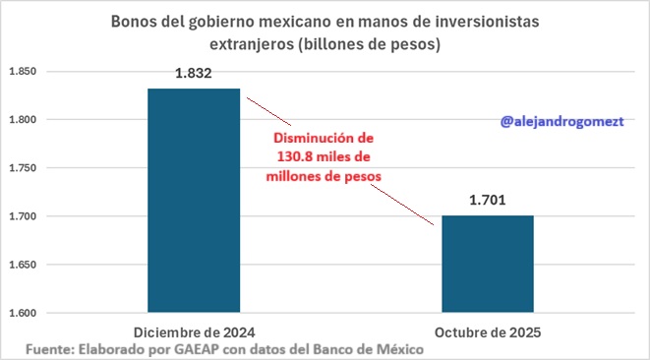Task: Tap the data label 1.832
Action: [194, 74]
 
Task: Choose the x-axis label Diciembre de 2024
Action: [194, 331]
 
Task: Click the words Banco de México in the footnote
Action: [367, 349]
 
